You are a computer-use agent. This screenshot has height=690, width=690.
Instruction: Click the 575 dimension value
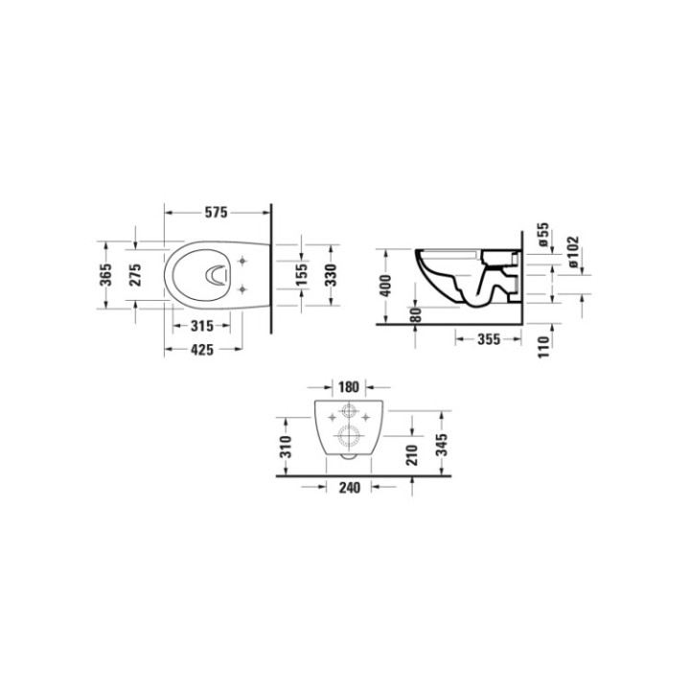216,213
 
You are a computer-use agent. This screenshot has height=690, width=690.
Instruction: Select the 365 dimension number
105,275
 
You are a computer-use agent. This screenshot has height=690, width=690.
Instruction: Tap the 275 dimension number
135,275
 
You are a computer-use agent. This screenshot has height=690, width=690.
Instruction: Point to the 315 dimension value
202,326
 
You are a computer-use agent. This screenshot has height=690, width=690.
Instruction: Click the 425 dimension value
202,350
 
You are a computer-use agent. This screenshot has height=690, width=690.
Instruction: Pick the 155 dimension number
302,275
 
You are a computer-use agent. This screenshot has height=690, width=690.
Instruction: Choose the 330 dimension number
331,275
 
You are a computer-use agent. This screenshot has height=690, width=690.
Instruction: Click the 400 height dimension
385,286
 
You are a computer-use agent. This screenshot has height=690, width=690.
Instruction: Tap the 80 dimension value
415,315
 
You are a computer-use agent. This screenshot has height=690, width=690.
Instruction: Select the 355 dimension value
489,339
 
